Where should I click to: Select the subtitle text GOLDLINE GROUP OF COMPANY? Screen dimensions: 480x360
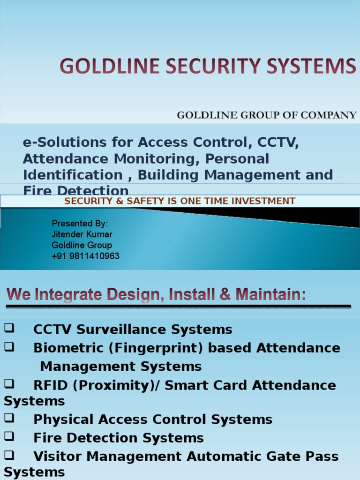coord(266,115)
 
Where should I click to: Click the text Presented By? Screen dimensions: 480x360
coord(80,223)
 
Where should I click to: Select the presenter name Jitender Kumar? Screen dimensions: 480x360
coord(82,234)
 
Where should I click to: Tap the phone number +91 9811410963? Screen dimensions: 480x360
coord(85,256)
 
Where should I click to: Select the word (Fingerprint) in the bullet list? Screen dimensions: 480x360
coord(155,348)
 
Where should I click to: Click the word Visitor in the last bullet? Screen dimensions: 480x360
coord(58,457)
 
